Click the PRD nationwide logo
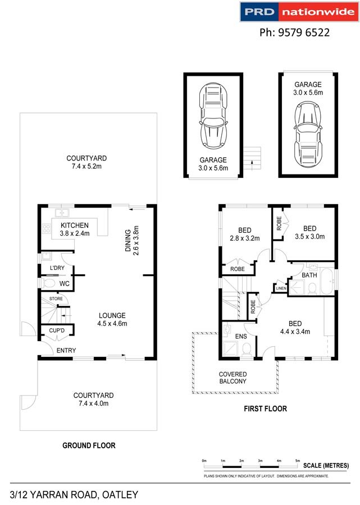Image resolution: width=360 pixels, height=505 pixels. pyautogui.click(x=299, y=12)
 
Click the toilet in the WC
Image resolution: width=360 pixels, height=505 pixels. pyautogui.click(x=48, y=283)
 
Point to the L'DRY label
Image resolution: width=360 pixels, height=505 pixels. pyautogui.click(x=57, y=268)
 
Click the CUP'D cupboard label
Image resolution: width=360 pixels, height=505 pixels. pyautogui.click(x=57, y=330)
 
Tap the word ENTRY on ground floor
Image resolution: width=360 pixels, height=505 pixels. pyautogui.click(x=66, y=350)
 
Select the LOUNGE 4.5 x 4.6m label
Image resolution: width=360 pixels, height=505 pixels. pyautogui.click(x=112, y=319)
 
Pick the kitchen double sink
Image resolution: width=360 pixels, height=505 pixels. pyautogui.click(x=62, y=213)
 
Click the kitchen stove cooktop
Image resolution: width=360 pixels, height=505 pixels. pyautogui.click(x=47, y=228)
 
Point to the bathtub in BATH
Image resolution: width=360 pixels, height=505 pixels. pyautogui.click(x=328, y=281)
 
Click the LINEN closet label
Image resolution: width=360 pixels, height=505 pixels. pyautogui.click(x=281, y=288)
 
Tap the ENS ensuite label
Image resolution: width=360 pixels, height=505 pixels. pyautogui.click(x=241, y=336)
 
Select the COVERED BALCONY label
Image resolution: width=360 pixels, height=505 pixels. pyautogui.click(x=233, y=378)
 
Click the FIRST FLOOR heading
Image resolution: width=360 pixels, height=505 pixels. pyautogui.click(x=265, y=408)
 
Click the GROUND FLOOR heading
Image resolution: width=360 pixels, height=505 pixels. pyautogui.click(x=89, y=446)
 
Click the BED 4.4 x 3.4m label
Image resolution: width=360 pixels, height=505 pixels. pyautogui.click(x=295, y=328)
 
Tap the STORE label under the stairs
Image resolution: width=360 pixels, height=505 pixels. pyautogui.click(x=56, y=299)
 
